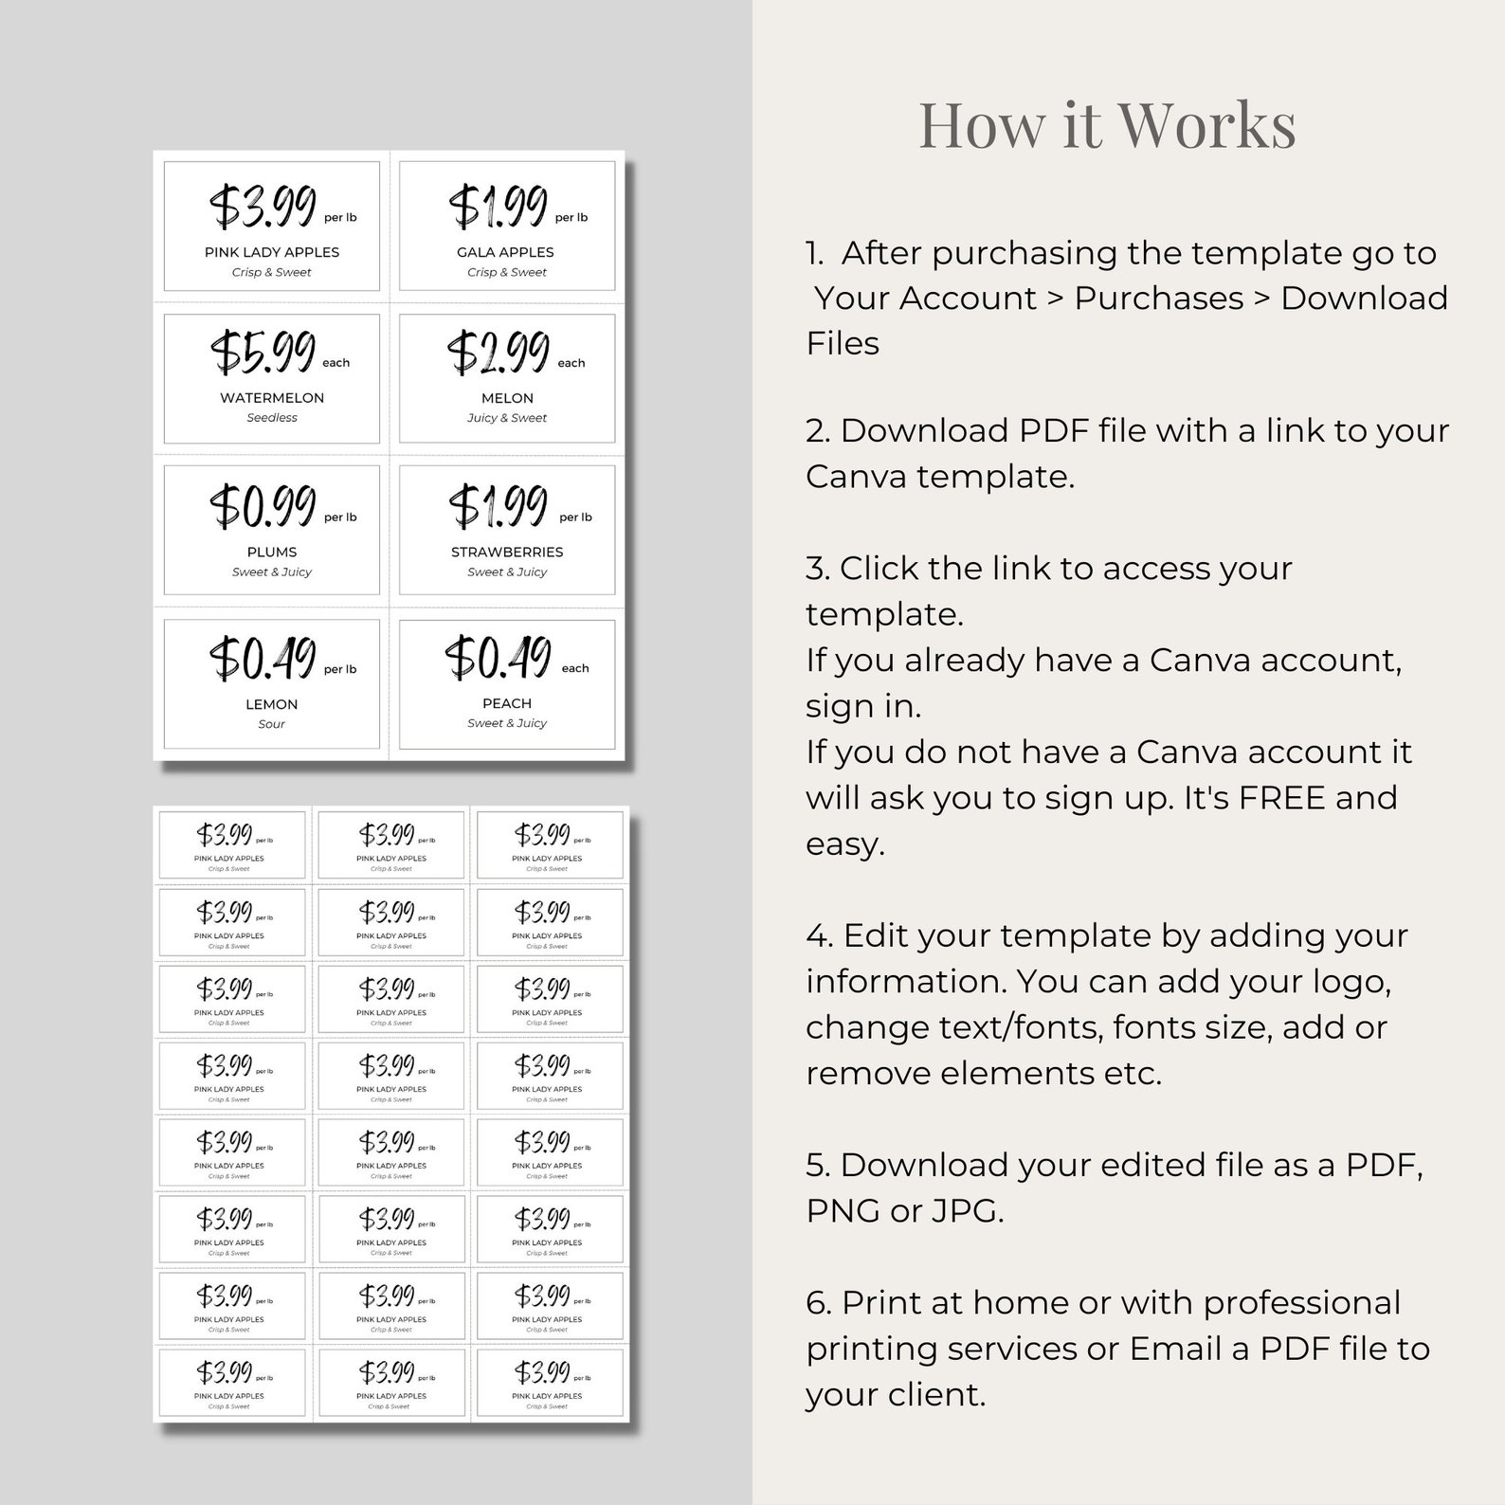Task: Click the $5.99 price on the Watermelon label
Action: tap(263, 352)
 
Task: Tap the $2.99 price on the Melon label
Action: tap(499, 352)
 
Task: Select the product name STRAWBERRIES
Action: tap(507, 552)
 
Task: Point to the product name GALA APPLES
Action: tap(505, 252)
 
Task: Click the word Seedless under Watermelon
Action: tap(272, 418)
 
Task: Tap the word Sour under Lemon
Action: tap(272, 724)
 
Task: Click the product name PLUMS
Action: tap(272, 552)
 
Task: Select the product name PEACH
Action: tap(507, 703)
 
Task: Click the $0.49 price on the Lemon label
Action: tap(263, 659)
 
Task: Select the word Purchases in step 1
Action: tap(1158, 299)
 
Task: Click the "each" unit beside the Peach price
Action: tap(575, 669)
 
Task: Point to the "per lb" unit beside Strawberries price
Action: tap(575, 517)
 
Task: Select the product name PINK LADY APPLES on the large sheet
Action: tap(272, 252)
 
